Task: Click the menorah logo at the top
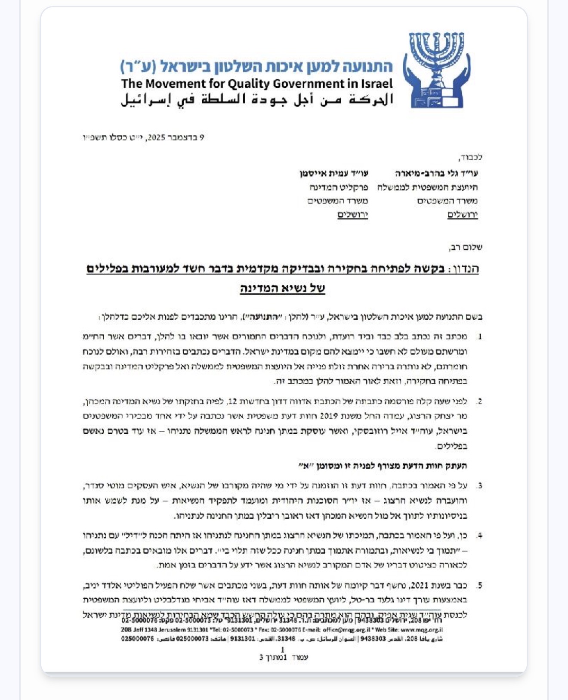coord(435,70)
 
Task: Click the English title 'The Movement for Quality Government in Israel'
coord(257,84)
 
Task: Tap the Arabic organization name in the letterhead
coord(257,100)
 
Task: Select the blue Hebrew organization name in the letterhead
coord(257,66)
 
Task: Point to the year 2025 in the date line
coord(154,138)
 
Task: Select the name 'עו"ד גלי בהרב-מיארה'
coord(436,173)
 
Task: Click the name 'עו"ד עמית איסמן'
coord(334,173)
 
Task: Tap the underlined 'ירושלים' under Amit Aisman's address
coord(353,215)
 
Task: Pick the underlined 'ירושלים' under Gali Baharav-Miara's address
coord(463,215)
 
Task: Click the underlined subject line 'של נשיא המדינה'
coord(282,288)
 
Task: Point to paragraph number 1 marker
coord(479,336)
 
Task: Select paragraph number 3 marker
coord(479,486)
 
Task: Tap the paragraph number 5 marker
coord(479,585)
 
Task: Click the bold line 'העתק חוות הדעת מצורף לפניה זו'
coord(383,466)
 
